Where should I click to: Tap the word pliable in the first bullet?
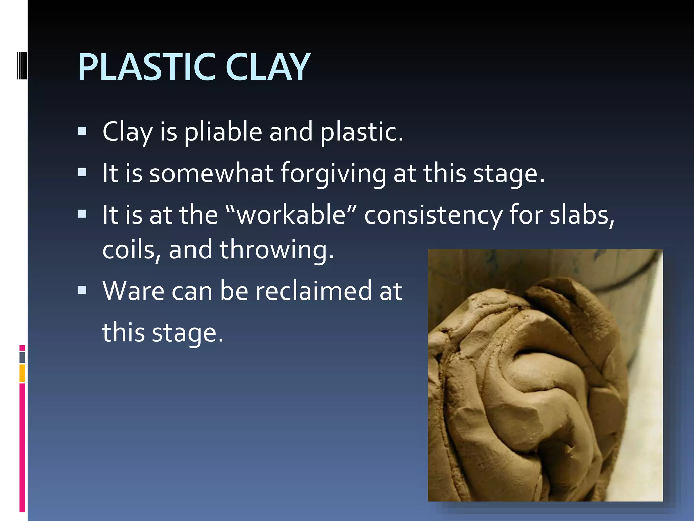pyautogui.click(x=223, y=132)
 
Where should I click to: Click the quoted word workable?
pyautogui.click(x=291, y=215)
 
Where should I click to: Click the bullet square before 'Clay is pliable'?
pyautogui.click(x=82, y=131)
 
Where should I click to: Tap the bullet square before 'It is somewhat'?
pyautogui.click(x=82, y=173)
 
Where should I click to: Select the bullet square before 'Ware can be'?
pyautogui.click(x=82, y=290)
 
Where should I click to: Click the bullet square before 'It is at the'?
pyautogui.click(x=82, y=214)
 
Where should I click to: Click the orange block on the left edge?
pyautogui.click(x=22, y=373)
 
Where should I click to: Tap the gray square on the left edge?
pyautogui.click(x=22, y=358)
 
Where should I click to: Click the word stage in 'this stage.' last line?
pyautogui.click(x=187, y=333)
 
